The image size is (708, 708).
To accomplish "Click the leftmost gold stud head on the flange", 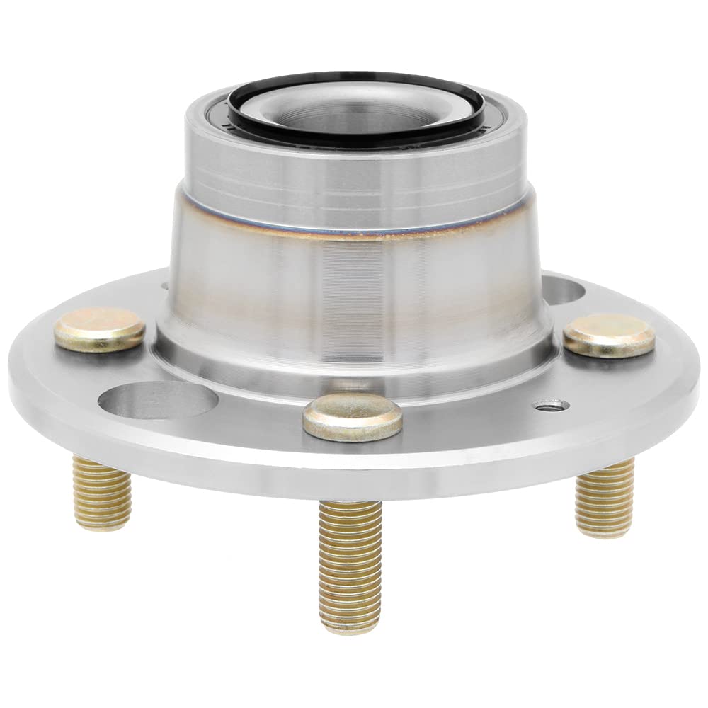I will pos(100,329).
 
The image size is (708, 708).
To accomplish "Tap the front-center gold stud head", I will pos(353,417).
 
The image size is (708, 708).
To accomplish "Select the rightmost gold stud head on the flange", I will pos(609,335).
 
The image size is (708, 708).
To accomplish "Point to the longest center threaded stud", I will pos(350,559).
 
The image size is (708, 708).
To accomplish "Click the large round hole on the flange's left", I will pos(157,400).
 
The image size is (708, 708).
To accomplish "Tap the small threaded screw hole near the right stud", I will pos(551,405).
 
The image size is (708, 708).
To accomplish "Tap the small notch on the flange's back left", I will pos(164,287).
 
